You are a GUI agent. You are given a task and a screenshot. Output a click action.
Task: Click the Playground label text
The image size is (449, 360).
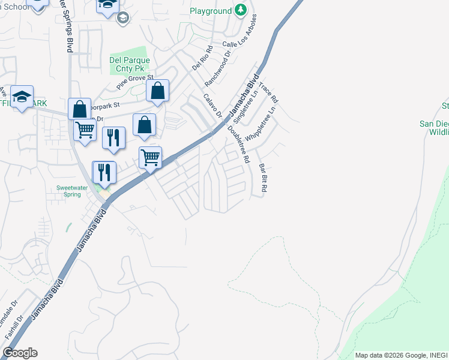tap(211, 11)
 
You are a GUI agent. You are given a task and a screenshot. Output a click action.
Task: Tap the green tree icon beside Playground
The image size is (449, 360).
tap(241, 10)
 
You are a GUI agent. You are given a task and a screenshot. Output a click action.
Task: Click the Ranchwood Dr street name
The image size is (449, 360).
tap(218, 68)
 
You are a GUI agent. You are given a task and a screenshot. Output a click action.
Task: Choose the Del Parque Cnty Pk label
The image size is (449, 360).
tap(129, 64)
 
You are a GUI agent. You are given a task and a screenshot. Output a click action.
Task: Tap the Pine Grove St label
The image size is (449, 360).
tap(135, 82)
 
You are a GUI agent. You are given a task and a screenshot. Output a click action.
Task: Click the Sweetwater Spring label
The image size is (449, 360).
tap(73, 191)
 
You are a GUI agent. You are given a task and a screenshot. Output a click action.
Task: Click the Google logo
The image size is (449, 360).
tap(20, 353)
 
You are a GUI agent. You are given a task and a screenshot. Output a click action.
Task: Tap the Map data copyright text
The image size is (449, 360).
tap(400, 355)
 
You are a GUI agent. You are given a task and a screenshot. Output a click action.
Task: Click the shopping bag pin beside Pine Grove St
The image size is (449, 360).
tap(157, 91)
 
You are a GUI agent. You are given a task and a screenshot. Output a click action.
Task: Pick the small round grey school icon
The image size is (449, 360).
tap(123, 18)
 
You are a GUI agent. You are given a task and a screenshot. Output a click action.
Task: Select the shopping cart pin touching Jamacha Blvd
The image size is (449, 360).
tap(150, 157)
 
